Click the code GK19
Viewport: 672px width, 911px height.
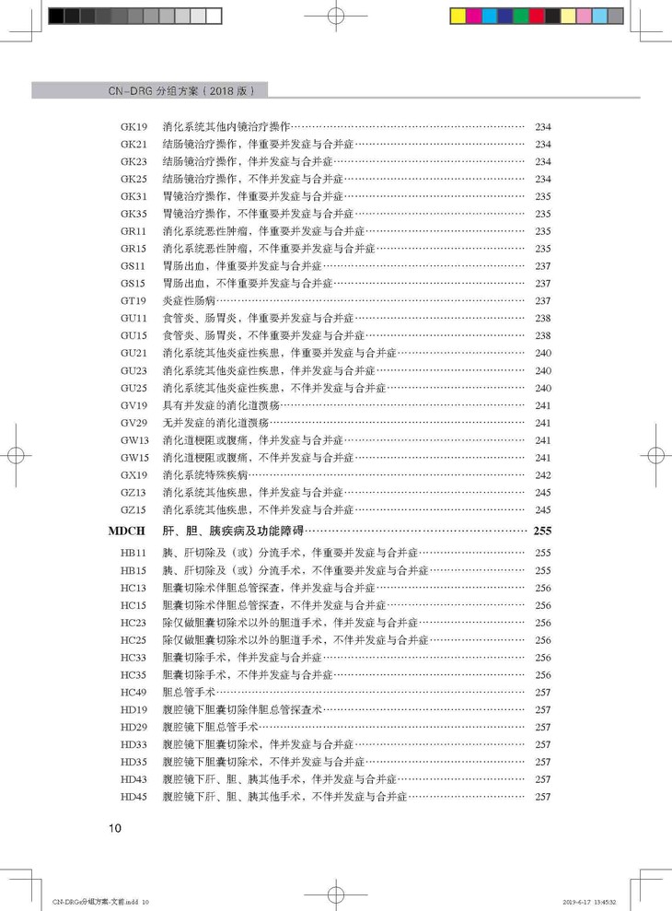pyautogui.click(x=133, y=126)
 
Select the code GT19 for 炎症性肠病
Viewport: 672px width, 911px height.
pyautogui.click(x=133, y=300)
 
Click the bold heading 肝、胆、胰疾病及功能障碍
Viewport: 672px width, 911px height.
pyautogui.click(x=234, y=531)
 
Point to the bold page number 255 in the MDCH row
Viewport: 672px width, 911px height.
pyautogui.click(x=541, y=531)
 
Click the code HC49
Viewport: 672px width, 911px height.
pyautogui.click(x=133, y=692)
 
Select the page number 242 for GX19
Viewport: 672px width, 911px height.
pyautogui.click(x=542, y=475)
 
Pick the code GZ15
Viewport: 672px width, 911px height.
pyautogui.click(x=133, y=509)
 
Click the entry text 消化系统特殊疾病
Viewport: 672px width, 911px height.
pyautogui.click(x=205, y=475)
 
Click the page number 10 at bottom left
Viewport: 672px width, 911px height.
pyautogui.click(x=114, y=827)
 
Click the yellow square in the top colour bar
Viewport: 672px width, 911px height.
pyautogui.click(x=458, y=16)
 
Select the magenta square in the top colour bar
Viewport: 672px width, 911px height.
pyautogui.click(x=473, y=16)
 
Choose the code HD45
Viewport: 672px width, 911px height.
pyautogui.click(x=133, y=797)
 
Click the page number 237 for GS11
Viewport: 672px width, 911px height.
pyautogui.click(x=542, y=265)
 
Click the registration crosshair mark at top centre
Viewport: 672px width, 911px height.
pyautogui.click(x=335, y=16)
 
